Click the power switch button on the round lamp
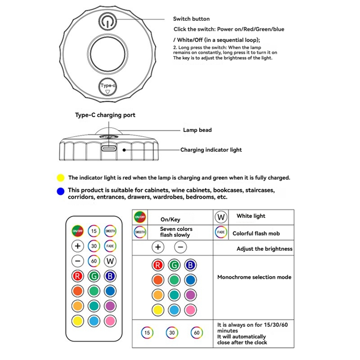(108, 22)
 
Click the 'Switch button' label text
(191, 19)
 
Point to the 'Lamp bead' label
(197, 130)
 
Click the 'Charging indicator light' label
(211, 150)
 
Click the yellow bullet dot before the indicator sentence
(61, 178)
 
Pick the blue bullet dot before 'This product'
(61, 191)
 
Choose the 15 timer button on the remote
(94, 231)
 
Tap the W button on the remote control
(110, 261)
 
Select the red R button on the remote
(78, 276)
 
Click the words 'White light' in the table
(251, 216)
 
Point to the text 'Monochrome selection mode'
(254, 277)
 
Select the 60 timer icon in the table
(196, 333)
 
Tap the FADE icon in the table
(221, 233)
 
